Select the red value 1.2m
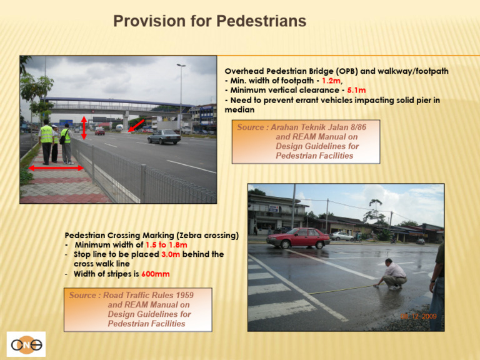[x=331, y=81]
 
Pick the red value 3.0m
[x=171, y=254]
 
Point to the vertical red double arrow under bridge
[x=84, y=127]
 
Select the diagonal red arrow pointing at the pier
[x=136, y=126]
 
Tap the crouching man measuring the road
[x=394, y=274]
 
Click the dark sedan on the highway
[x=164, y=137]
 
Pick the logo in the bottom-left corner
[x=26, y=344]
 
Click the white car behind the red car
[x=342, y=236]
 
